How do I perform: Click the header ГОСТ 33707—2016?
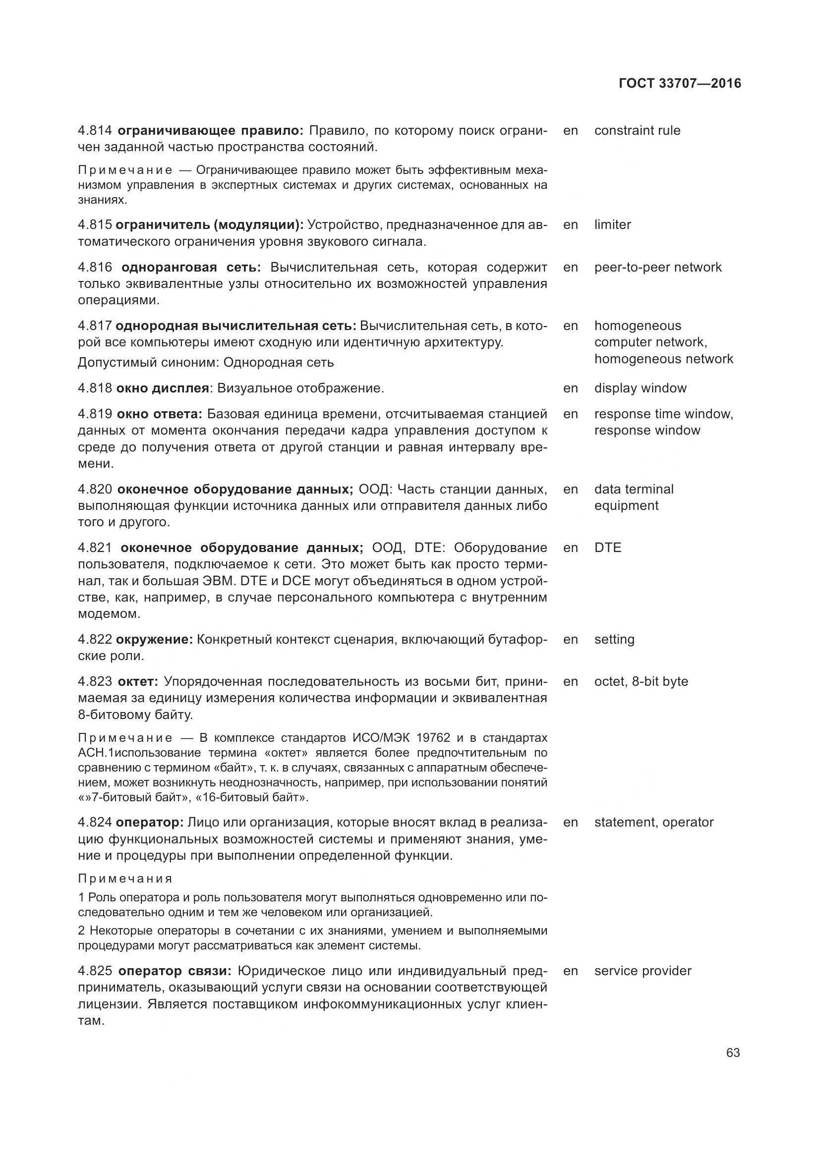pos(680,83)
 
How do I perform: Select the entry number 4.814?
pos(94,131)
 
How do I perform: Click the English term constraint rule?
pos(637,131)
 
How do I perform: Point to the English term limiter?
pos(612,224)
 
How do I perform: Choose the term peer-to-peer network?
pos(658,267)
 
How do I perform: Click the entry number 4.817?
pos(94,326)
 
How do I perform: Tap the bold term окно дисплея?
pos(163,388)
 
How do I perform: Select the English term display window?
pos(640,388)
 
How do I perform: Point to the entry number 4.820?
pos(94,489)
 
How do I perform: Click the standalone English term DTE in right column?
pos(607,548)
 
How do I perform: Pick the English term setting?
pos(614,640)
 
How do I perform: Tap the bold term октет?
pos(138,681)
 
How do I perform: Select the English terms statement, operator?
pos(654,823)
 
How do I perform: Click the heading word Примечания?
pos(125,879)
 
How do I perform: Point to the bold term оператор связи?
pos(175,971)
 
